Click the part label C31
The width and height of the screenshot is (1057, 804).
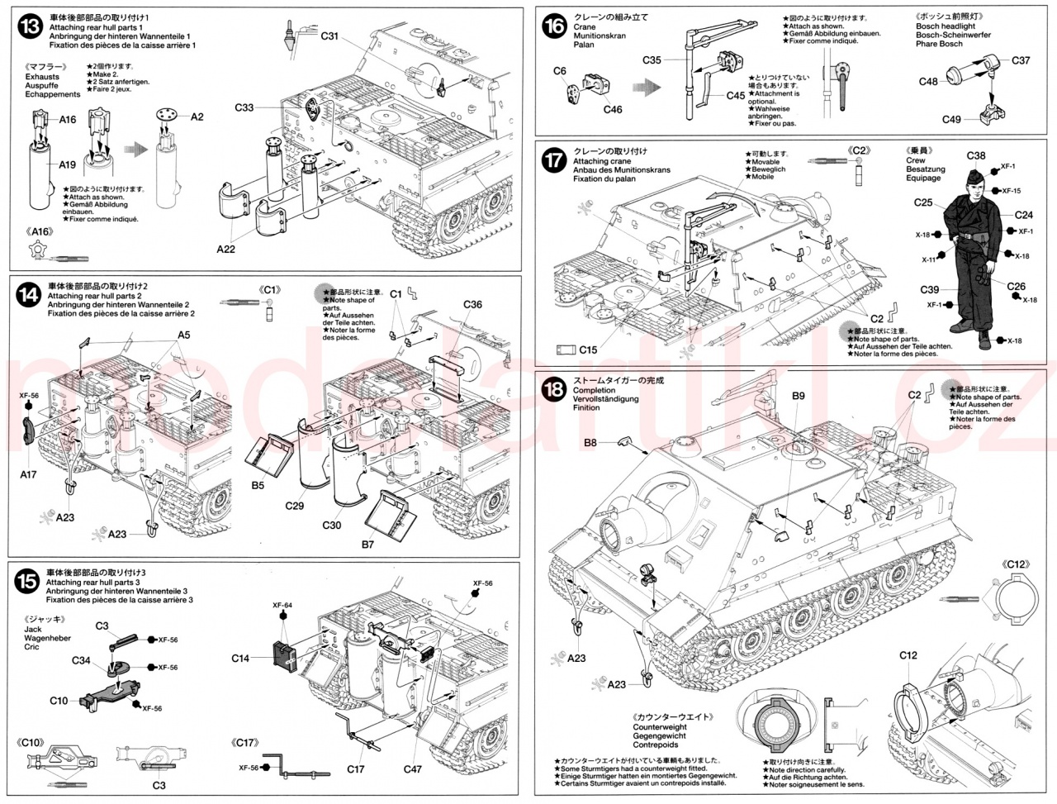pyautogui.click(x=329, y=36)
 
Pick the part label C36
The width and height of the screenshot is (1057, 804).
pyautogui.click(x=472, y=304)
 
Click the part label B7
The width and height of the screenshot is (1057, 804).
pyautogui.click(x=367, y=545)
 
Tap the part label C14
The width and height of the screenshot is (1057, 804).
pyautogui.click(x=240, y=659)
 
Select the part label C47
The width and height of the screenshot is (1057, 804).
pyautogui.click(x=413, y=768)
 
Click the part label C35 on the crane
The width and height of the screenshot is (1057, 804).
pyautogui.click(x=652, y=59)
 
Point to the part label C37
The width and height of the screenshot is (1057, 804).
pyautogui.click(x=1021, y=60)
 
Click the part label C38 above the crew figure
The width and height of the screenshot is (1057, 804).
pyautogui.click(x=975, y=155)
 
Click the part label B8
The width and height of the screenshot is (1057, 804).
pyautogui.click(x=590, y=443)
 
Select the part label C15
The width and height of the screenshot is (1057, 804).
pyautogui.click(x=587, y=350)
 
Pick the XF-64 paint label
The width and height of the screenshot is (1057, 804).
pyautogui.click(x=283, y=606)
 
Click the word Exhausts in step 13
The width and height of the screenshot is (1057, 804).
pyautogui.click(x=42, y=77)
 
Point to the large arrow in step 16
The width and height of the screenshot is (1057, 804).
pyautogui.click(x=647, y=86)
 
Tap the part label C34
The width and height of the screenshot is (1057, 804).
pyautogui.click(x=81, y=660)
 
